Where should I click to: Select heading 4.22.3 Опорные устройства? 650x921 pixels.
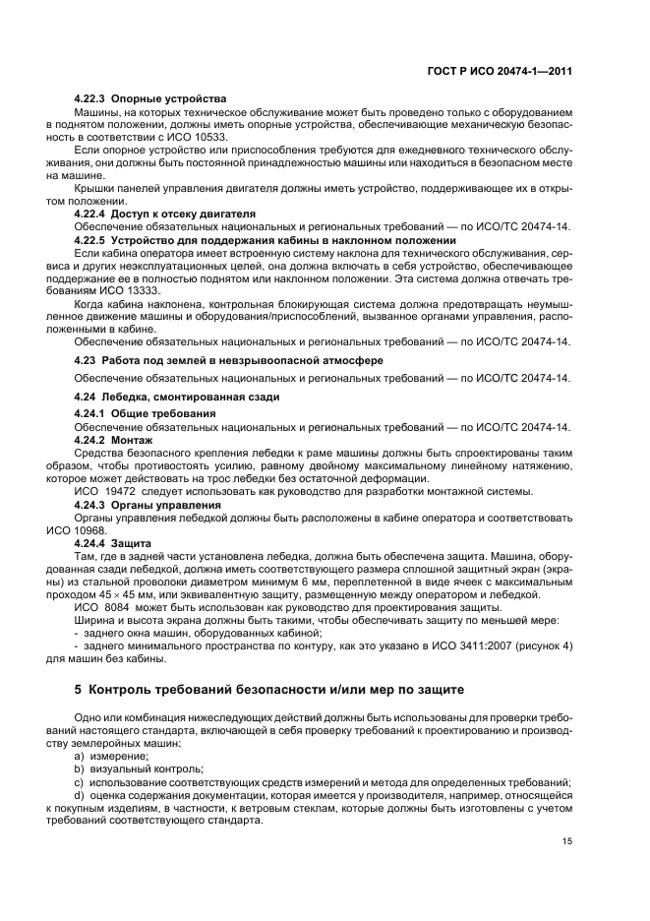point(150,99)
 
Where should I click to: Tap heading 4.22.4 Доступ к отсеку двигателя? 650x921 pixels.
point(164,213)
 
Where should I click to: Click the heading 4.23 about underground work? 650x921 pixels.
point(229,360)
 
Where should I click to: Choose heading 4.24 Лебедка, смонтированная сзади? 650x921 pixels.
point(177,396)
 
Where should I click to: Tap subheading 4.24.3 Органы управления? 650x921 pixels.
point(148,504)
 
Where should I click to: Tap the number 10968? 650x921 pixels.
point(85,529)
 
